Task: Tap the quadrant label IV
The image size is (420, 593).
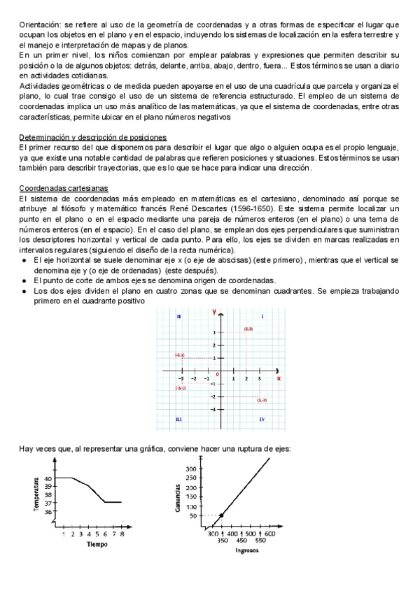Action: click(262, 419)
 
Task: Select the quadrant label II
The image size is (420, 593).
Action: click(179, 317)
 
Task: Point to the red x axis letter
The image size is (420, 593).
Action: click(279, 378)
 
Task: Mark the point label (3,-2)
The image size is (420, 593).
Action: click(262, 400)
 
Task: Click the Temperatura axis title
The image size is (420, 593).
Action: click(36, 494)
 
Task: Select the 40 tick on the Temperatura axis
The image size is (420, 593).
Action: click(48, 478)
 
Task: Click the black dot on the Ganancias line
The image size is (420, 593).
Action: click(221, 515)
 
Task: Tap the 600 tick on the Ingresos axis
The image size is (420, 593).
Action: click(269, 534)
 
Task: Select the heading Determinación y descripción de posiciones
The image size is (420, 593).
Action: click(92, 137)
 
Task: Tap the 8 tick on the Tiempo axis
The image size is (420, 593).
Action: click(122, 534)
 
